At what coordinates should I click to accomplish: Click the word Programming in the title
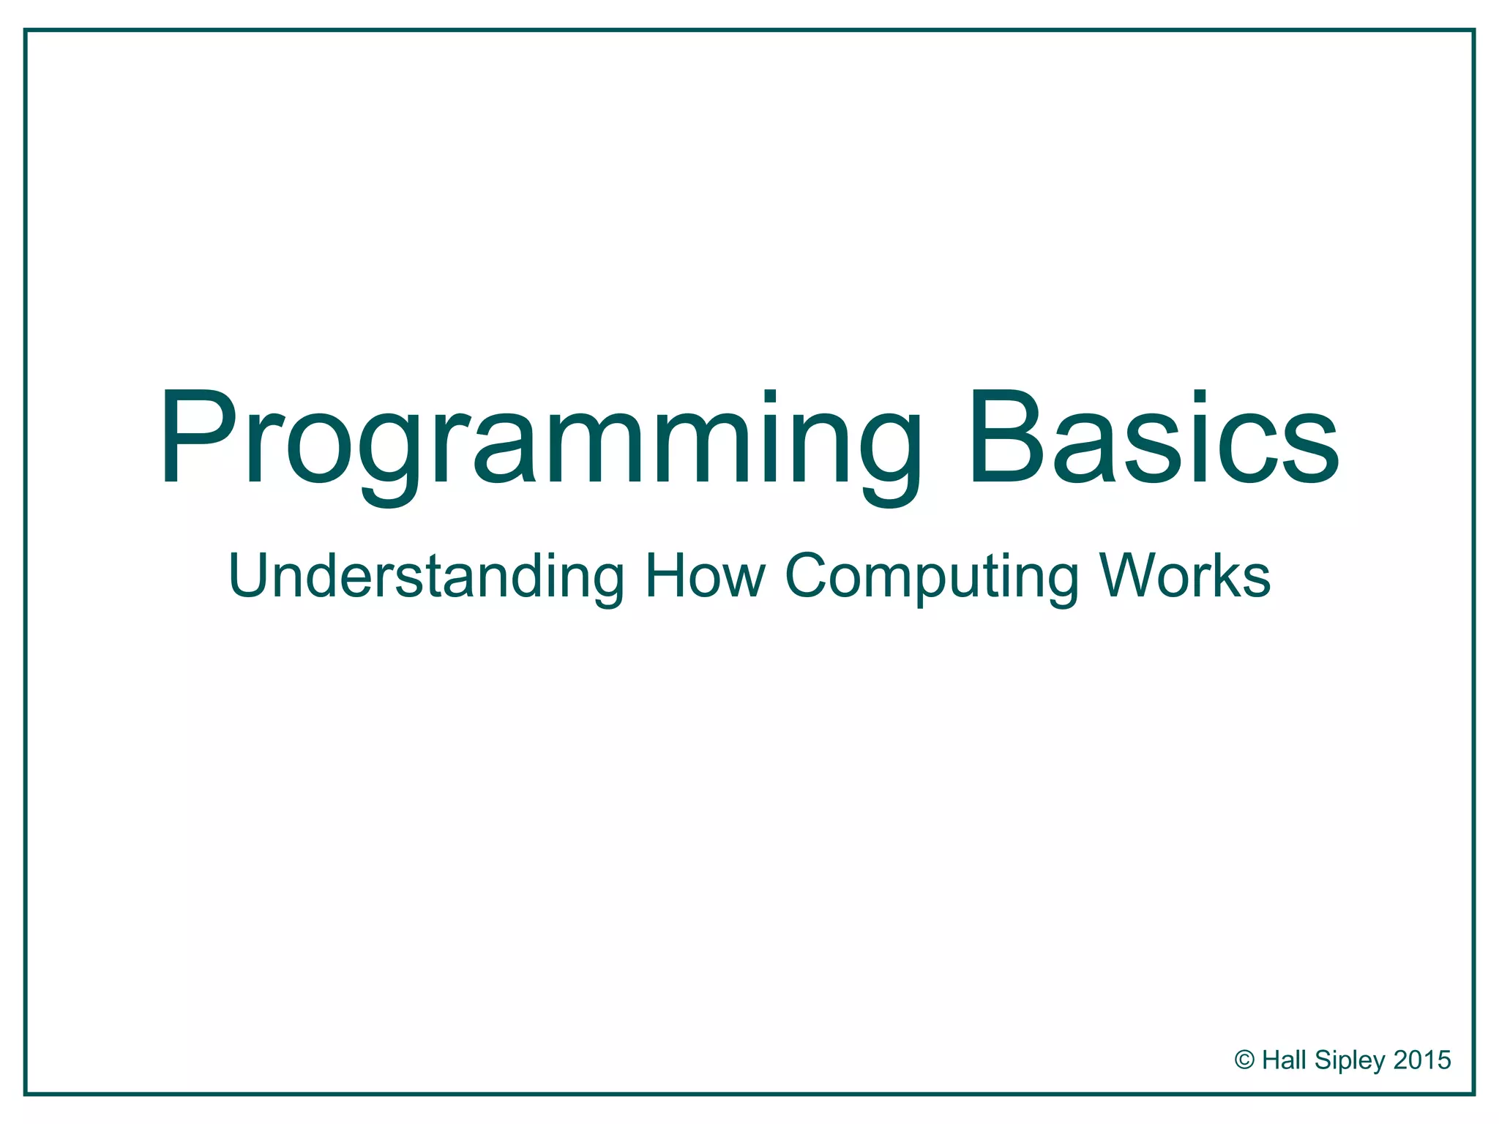538,439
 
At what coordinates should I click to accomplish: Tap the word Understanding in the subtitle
426,577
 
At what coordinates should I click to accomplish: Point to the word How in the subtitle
704,577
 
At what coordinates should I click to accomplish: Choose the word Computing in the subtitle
931,577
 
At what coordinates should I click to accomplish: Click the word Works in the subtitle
1185,577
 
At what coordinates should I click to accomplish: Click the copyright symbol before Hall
1244,1060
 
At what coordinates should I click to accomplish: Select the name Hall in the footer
1285,1060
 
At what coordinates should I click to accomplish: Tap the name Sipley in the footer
1350,1060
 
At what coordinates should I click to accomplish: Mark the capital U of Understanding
253,577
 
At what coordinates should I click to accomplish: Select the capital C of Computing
810,577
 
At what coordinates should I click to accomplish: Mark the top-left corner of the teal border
26,31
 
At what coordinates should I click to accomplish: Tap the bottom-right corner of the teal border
1473,1094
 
